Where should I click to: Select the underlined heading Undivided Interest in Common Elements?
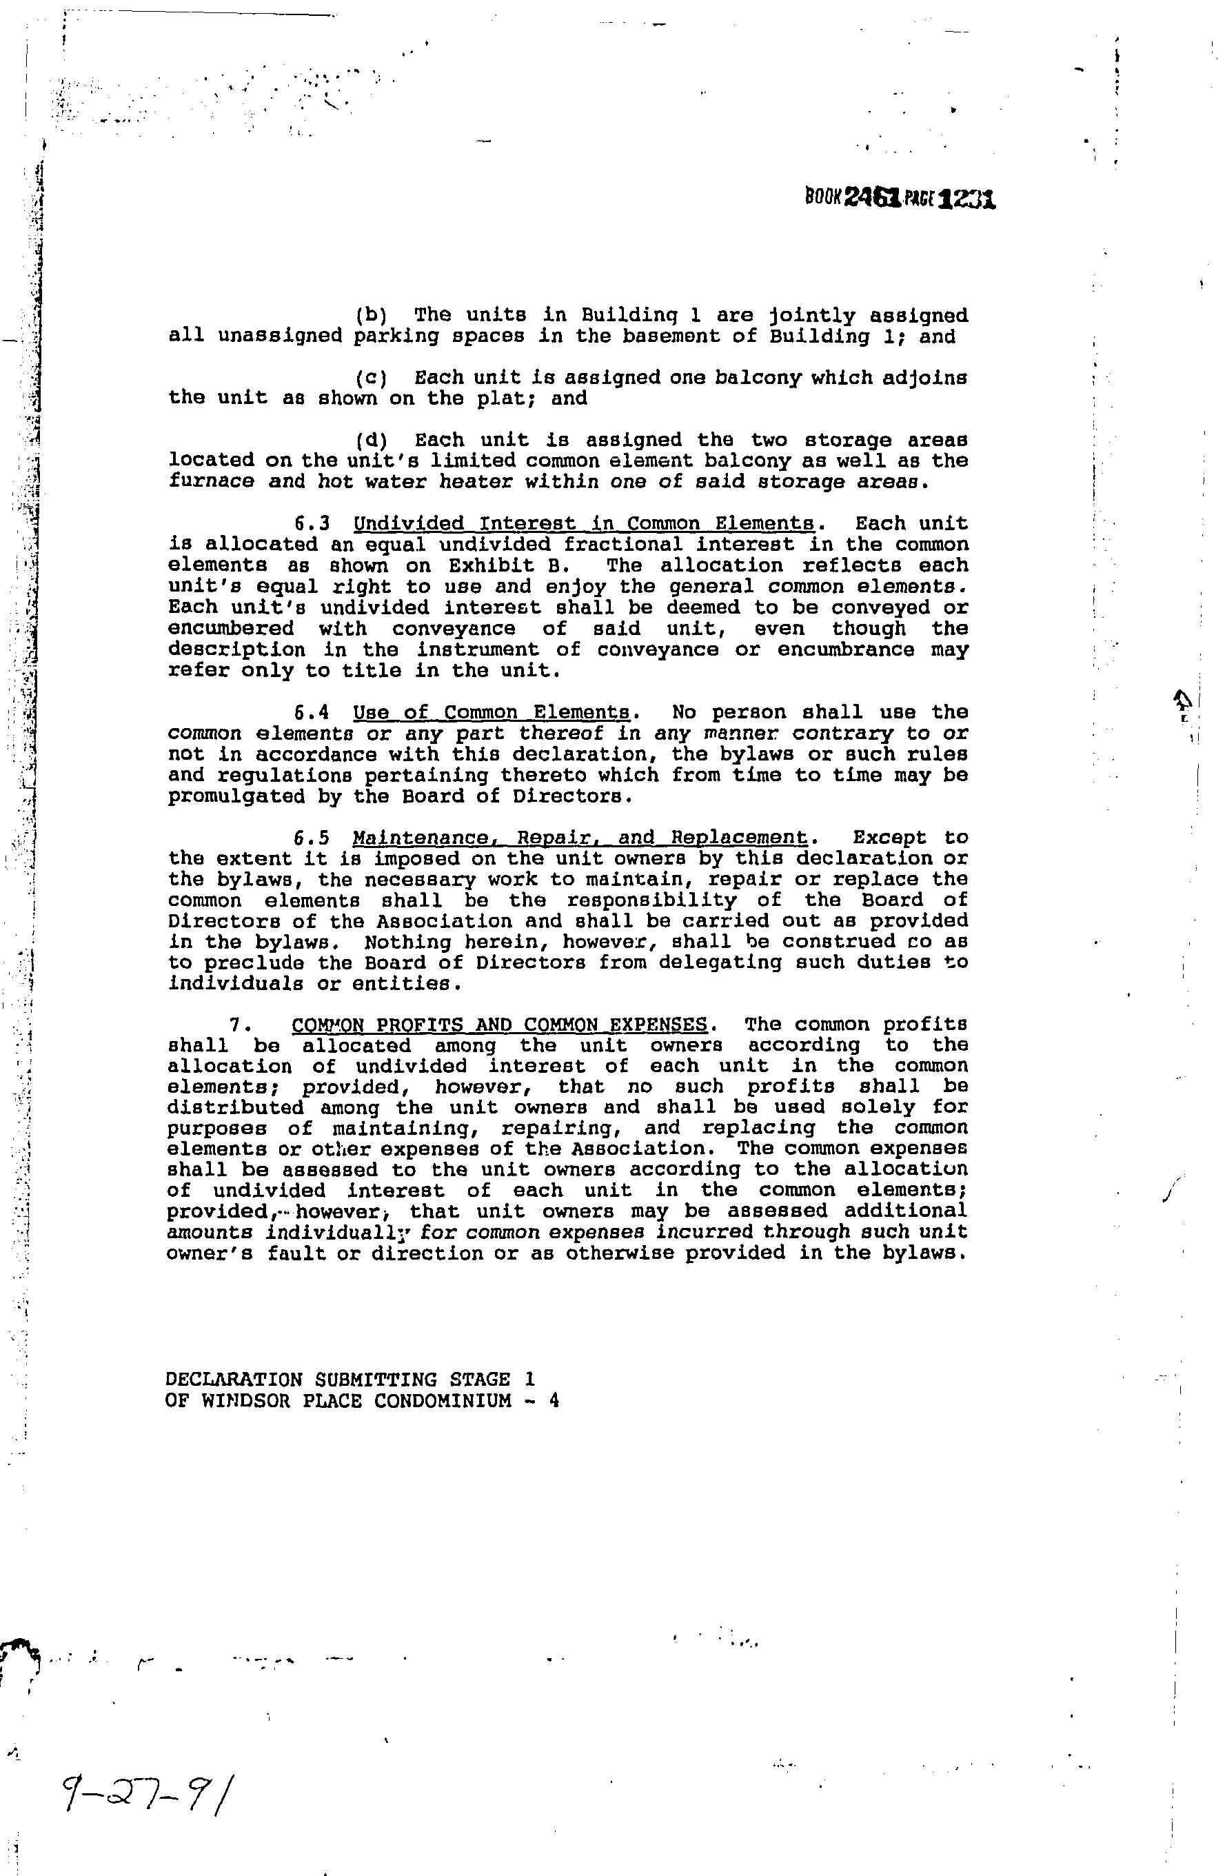click(x=584, y=524)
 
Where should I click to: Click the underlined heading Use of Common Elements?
click(x=492, y=713)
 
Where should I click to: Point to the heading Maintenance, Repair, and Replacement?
click(x=580, y=837)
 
